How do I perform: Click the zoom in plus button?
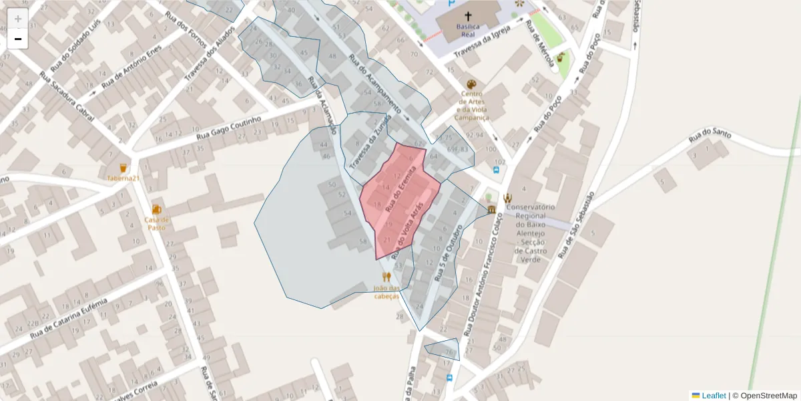[x=18, y=19]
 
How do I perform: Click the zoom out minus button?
[x=18, y=39]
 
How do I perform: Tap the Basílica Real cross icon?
[x=468, y=17]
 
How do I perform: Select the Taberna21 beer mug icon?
[x=123, y=168]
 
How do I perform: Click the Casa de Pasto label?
[x=157, y=223]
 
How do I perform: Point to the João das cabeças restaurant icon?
[x=386, y=277]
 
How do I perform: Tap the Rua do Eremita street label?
[x=400, y=190]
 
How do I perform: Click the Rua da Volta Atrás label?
[x=409, y=229]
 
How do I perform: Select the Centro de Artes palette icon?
[x=472, y=85]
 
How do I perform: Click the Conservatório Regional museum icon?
[x=492, y=210]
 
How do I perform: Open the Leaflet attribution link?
[x=712, y=396]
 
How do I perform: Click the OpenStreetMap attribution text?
[x=768, y=396]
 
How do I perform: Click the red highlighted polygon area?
[x=390, y=214]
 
